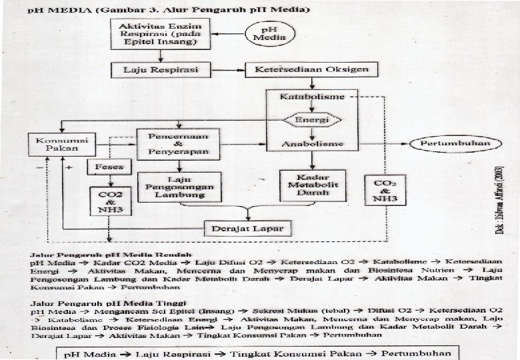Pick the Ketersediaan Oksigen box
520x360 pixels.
point(311,69)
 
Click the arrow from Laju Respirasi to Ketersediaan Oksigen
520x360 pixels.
point(227,69)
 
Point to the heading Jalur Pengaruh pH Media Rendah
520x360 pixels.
point(110,254)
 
